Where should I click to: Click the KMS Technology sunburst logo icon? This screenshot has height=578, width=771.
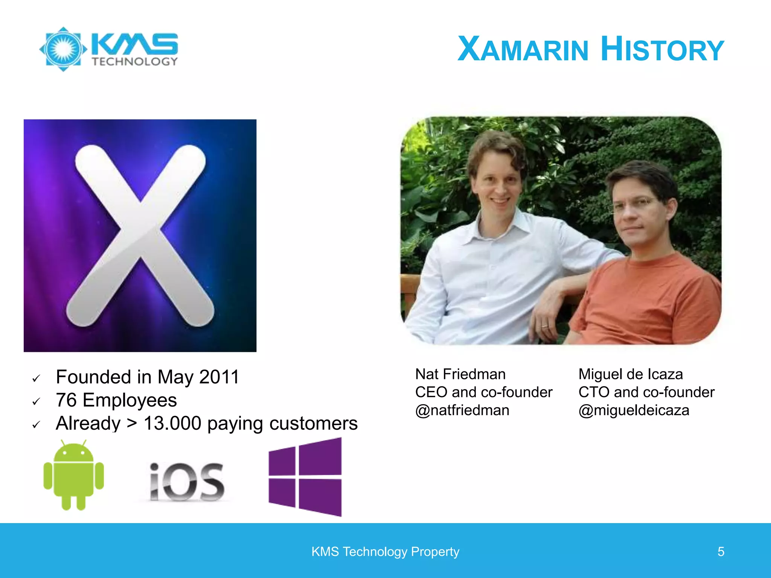[63, 49]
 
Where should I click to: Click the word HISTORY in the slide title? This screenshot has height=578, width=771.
[662, 49]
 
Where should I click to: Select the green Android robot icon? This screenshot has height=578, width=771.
[74, 475]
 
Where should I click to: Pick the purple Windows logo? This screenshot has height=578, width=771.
[305, 477]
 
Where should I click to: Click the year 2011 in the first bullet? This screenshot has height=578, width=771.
[219, 377]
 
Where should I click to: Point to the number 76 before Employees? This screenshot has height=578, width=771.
[66, 400]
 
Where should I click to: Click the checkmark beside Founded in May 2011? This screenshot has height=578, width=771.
[36, 378]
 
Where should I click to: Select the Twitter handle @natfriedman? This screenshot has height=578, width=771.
[462, 410]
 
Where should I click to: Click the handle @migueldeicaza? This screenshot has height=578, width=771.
[634, 410]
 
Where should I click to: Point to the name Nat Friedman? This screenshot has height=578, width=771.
[460, 374]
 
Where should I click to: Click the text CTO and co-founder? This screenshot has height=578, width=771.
[646, 392]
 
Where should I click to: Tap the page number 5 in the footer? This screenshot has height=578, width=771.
[721, 552]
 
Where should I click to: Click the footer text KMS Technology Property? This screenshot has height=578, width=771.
[385, 552]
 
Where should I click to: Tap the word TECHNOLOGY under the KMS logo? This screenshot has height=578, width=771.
[134, 62]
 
